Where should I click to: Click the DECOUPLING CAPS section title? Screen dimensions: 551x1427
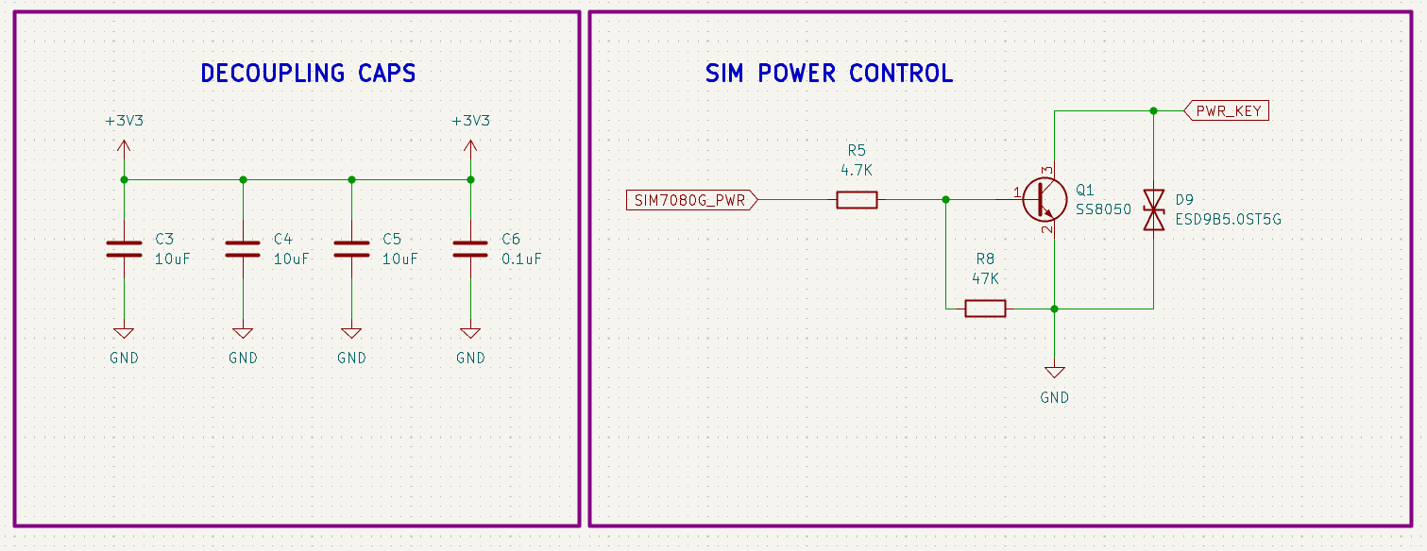[x=308, y=74]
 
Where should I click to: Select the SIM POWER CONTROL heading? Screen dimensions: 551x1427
[x=828, y=74]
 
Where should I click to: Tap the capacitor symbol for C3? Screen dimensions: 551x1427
[x=124, y=248]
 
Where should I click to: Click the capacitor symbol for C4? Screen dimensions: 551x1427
[x=243, y=248]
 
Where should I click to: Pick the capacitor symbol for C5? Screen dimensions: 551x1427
[x=351, y=248]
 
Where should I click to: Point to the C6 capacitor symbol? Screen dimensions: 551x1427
[x=470, y=248]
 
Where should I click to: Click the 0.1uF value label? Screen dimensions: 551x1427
[x=521, y=259]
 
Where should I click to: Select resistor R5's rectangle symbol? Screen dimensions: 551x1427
[x=857, y=199]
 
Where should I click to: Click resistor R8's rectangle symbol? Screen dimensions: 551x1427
[x=985, y=309]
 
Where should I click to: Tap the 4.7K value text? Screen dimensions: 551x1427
[x=857, y=170]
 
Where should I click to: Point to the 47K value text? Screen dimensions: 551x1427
[x=985, y=278]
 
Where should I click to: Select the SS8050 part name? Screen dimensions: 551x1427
[x=1102, y=209]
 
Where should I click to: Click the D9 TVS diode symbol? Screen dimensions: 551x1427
[x=1153, y=209]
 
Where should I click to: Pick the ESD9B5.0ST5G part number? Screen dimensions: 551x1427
[x=1228, y=220]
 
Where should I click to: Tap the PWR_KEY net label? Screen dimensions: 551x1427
[x=1227, y=110]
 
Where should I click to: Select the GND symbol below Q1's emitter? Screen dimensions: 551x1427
[x=1054, y=373]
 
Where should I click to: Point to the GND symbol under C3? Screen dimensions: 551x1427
[x=124, y=333]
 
